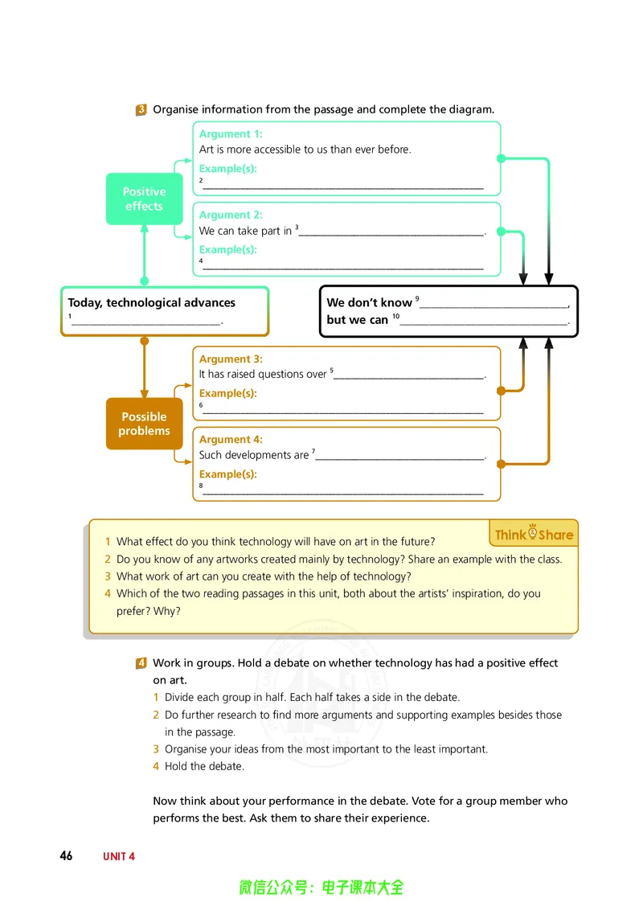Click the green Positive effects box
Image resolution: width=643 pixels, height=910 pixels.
coord(144,199)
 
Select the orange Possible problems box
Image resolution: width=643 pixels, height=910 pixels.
coord(144,424)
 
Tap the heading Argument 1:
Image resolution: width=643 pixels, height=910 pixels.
coord(231,134)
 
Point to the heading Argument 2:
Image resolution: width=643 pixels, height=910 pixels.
coord(231,215)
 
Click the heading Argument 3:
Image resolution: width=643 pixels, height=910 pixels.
coord(231,359)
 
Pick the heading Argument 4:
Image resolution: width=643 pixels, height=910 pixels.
coord(231,440)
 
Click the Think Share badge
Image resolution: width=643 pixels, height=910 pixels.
coord(534,533)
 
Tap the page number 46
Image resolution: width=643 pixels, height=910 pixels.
coord(66,856)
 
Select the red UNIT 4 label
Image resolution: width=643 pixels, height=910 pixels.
coord(119,857)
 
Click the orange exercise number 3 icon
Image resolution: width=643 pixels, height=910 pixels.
coord(141,109)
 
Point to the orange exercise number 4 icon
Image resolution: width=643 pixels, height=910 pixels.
coord(141,662)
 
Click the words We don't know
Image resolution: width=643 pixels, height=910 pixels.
coord(369,302)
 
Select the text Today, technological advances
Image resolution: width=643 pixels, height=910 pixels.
coord(151,303)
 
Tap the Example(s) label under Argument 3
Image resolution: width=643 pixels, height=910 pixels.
coord(227,393)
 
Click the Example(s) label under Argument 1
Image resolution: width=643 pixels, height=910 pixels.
coord(227,169)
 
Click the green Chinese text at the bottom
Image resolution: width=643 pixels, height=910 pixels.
coord(321,887)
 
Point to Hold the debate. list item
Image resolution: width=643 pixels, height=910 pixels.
coord(204,767)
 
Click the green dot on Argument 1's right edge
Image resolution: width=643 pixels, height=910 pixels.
coord(502,158)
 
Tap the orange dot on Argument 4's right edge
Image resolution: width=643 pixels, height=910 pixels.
coord(502,465)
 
